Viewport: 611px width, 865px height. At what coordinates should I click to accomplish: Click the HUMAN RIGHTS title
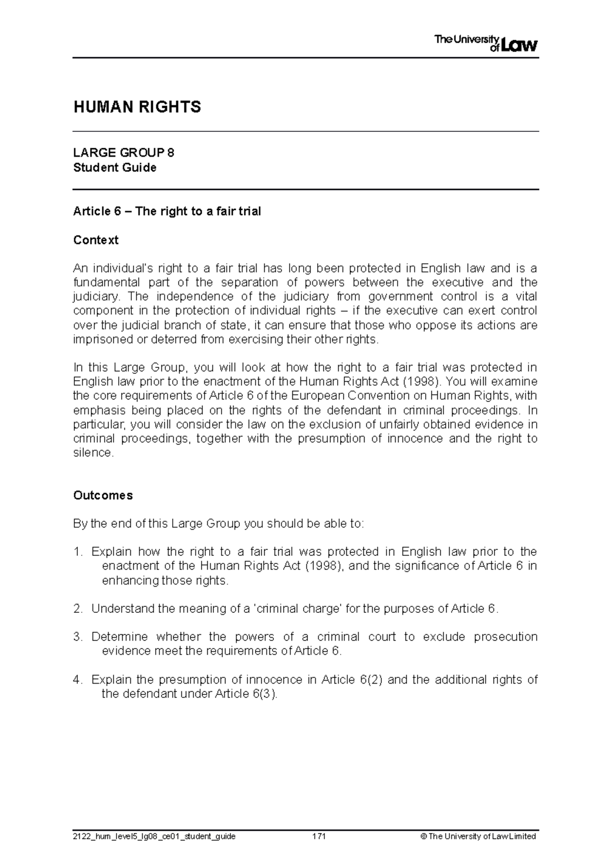coord(137,107)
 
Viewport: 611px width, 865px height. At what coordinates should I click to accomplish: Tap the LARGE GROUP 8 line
coord(124,152)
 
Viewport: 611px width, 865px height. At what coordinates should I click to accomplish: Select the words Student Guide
coord(115,168)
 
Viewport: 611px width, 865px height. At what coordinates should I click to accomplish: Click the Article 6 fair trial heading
coord(167,211)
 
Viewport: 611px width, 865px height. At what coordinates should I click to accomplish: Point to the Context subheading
coord(96,240)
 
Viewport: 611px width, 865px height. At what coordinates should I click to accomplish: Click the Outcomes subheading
coord(103,495)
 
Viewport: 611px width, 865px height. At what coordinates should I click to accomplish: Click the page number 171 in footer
coord(319,836)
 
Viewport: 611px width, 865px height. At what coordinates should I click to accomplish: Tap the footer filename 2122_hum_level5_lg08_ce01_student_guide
coord(154,836)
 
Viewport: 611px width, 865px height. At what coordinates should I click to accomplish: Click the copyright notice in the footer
coord(482,836)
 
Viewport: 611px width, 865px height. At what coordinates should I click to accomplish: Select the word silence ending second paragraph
coord(93,453)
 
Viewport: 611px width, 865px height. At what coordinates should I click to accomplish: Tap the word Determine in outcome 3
coord(120,637)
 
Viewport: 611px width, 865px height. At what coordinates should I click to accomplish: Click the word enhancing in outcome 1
coord(130,580)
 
